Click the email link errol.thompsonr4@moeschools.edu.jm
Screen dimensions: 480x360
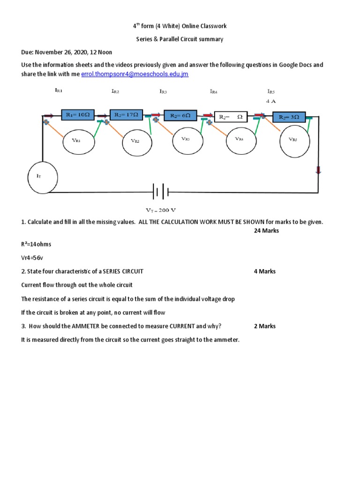[x=135, y=74]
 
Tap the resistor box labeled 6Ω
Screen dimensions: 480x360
[x=180, y=115]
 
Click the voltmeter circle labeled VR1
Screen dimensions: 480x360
[x=76, y=140]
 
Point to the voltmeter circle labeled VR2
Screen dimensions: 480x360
[x=135, y=141]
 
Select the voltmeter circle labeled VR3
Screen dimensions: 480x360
[x=185, y=139]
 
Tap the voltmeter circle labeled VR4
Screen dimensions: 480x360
[x=240, y=139]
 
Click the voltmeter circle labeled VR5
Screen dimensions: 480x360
[x=293, y=139]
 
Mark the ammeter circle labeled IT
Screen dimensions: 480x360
[x=43, y=177]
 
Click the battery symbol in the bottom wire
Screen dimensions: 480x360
[x=160, y=192]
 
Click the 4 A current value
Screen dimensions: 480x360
[x=271, y=101]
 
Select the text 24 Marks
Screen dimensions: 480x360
[x=266, y=231]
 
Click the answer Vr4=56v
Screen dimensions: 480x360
[x=32, y=258]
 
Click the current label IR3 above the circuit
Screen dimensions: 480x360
[x=163, y=91]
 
